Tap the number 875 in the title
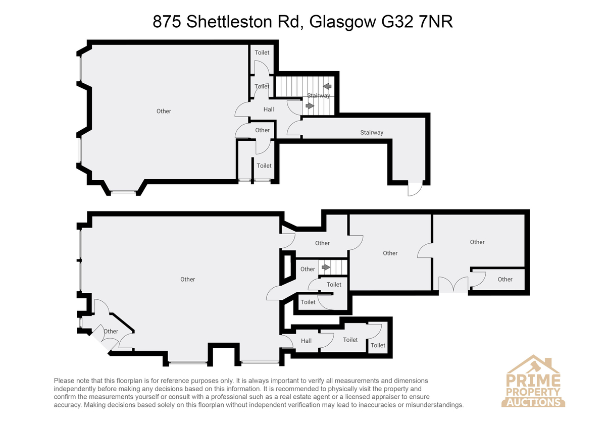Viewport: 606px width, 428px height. pyautogui.click(x=167, y=22)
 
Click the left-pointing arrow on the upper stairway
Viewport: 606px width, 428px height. pyautogui.click(x=327, y=86)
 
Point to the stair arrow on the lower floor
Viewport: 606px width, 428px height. pyautogui.click(x=326, y=267)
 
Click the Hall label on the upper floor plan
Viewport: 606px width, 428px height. pyautogui.click(x=269, y=110)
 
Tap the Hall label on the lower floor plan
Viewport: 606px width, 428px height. pyautogui.click(x=306, y=341)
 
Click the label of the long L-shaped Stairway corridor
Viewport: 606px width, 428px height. pyautogui.click(x=372, y=132)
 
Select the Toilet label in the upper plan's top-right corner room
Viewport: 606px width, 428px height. pyautogui.click(x=262, y=52)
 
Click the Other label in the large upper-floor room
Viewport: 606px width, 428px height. pyautogui.click(x=164, y=111)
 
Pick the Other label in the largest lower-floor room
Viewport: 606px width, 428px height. pyautogui.click(x=188, y=279)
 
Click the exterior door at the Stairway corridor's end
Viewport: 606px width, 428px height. pyautogui.click(x=415, y=189)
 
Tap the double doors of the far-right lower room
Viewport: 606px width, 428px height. pyautogui.click(x=453, y=285)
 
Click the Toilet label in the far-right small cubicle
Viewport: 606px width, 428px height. pyautogui.click(x=378, y=345)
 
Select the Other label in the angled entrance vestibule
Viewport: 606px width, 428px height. pyautogui.click(x=111, y=331)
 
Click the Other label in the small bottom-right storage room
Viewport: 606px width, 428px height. pyautogui.click(x=505, y=279)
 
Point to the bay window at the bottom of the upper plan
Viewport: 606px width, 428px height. pyautogui.click(x=123, y=192)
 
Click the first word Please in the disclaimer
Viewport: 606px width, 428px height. pyautogui.click(x=64, y=381)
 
